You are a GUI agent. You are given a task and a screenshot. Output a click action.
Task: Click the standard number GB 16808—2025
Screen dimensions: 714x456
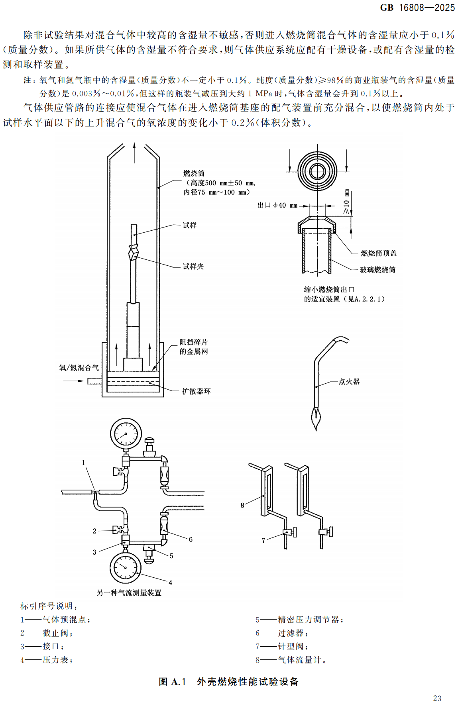pyautogui.click(x=417, y=8)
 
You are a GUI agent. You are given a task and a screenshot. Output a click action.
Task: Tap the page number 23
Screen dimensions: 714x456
pyautogui.click(x=437, y=698)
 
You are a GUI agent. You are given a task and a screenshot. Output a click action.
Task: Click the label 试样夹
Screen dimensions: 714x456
pyautogui.click(x=193, y=267)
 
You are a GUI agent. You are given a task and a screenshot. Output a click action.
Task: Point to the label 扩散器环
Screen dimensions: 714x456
pyautogui.click(x=196, y=391)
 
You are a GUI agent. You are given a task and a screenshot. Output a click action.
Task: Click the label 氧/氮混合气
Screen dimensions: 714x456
pyautogui.click(x=79, y=368)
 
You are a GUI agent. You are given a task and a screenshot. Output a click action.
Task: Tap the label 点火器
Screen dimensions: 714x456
pyautogui.click(x=349, y=382)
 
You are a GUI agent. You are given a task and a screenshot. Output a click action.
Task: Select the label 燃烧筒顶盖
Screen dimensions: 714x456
pyautogui.click(x=379, y=253)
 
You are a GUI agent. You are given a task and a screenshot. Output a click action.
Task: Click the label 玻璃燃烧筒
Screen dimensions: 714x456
pyautogui.click(x=377, y=270)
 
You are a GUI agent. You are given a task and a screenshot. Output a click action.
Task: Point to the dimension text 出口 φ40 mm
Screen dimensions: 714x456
pyautogui.click(x=277, y=206)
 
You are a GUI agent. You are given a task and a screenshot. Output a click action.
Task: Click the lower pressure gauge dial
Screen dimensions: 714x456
pyautogui.click(x=125, y=568)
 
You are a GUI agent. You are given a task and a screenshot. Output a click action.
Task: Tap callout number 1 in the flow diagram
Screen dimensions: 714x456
pyautogui.click(x=83, y=463)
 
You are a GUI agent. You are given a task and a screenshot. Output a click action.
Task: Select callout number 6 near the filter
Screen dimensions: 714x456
pyautogui.click(x=191, y=539)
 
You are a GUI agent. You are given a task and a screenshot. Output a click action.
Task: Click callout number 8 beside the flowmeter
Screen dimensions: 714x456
pyautogui.click(x=242, y=505)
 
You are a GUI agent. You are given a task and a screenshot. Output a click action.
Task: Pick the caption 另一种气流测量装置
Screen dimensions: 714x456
pyautogui.click(x=129, y=593)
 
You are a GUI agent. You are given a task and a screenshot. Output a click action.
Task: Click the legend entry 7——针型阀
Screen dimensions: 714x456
pyautogui.click(x=281, y=646)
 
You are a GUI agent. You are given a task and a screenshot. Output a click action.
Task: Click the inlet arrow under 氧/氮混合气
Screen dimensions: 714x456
pyautogui.click(x=74, y=381)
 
